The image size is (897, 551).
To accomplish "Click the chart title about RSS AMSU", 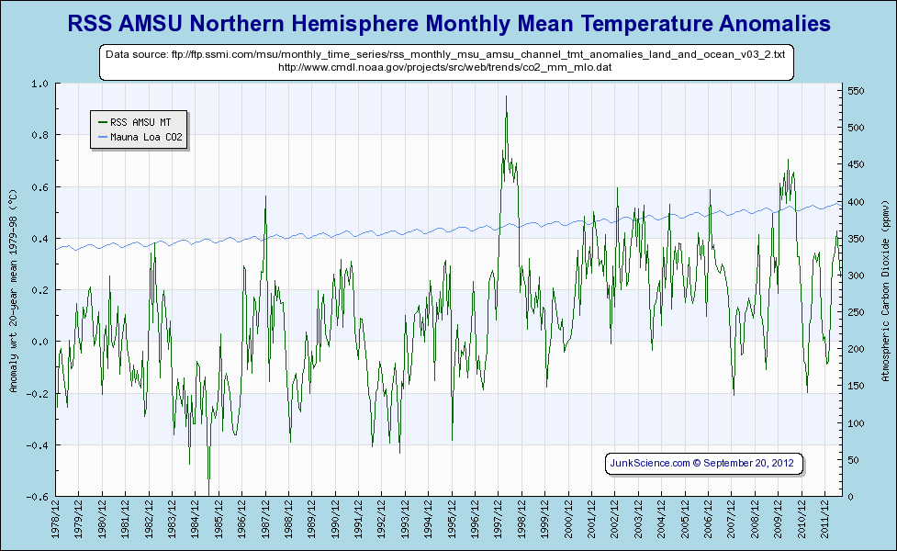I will click(449, 22).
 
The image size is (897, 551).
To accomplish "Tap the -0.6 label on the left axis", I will click(39, 497).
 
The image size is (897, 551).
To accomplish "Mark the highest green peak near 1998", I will click(506, 96).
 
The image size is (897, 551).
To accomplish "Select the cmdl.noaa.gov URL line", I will click(445, 67).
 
